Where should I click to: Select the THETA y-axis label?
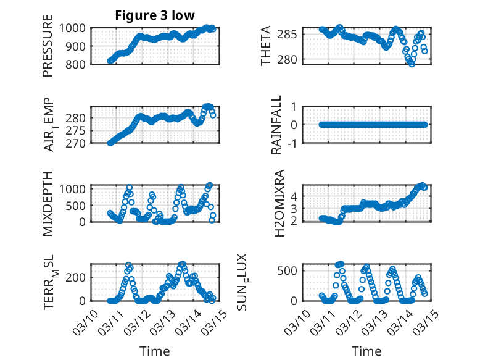(266, 46)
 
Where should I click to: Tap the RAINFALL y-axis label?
(277, 125)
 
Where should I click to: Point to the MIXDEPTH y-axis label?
(48, 204)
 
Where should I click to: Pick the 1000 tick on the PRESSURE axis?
(77, 28)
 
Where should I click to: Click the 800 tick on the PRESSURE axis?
(80, 64)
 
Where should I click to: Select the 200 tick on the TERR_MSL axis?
(80, 277)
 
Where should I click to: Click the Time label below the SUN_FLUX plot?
(366, 351)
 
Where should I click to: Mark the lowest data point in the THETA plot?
(412, 64)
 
